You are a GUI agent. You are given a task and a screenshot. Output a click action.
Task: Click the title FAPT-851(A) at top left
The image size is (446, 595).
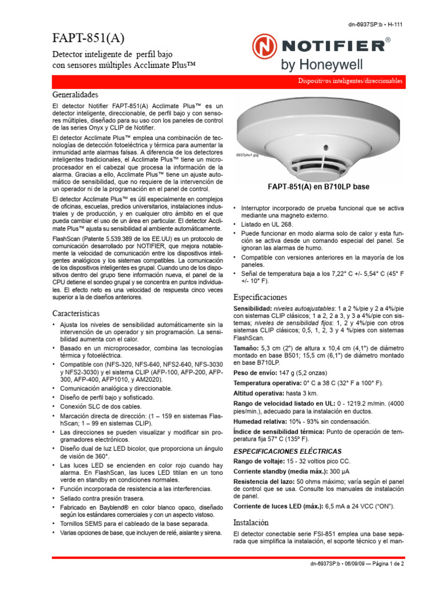pos(88,39)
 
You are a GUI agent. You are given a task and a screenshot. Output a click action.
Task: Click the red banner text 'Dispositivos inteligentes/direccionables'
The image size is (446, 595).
pos(350,82)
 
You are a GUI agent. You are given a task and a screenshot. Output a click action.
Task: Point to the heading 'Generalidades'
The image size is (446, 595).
pos(75,94)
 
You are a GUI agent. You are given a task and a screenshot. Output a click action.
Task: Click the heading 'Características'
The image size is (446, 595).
pos(76,313)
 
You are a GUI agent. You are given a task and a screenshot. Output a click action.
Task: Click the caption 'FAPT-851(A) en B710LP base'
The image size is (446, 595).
pos(318,188)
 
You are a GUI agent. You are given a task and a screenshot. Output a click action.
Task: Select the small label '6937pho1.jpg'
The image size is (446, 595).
pos(247,156)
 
